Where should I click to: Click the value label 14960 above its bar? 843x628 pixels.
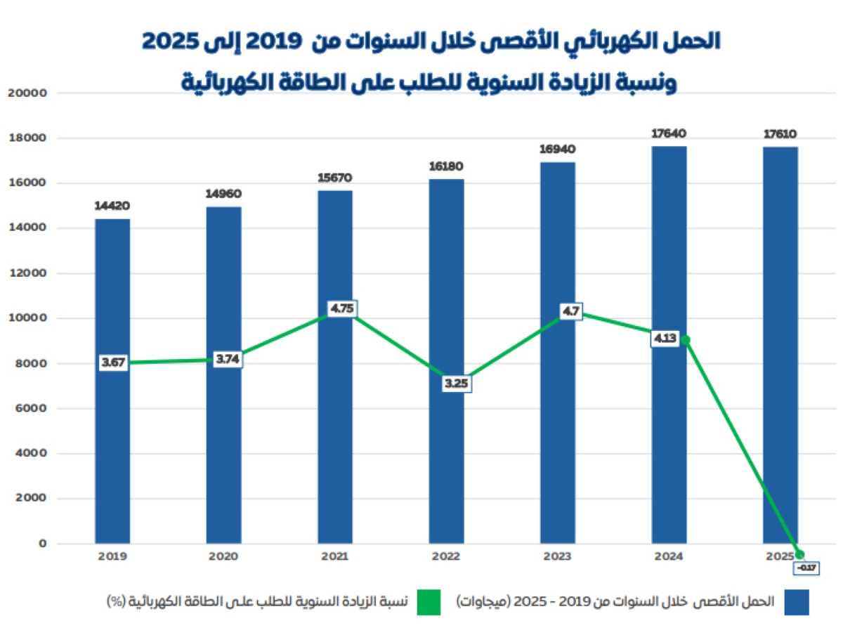click(223, 194)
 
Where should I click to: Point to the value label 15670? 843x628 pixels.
click(335, 178)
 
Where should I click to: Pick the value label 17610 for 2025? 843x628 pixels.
click(780, 133)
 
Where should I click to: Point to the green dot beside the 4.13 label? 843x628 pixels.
click(685, 340)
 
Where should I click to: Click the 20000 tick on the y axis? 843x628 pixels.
click(30, 93)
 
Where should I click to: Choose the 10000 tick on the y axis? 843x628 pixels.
click(30, 318)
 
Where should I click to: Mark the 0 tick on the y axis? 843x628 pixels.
click(42, 544)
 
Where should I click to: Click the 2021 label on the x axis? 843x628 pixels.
click(335, 556)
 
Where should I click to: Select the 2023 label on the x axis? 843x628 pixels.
click(558, 556)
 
